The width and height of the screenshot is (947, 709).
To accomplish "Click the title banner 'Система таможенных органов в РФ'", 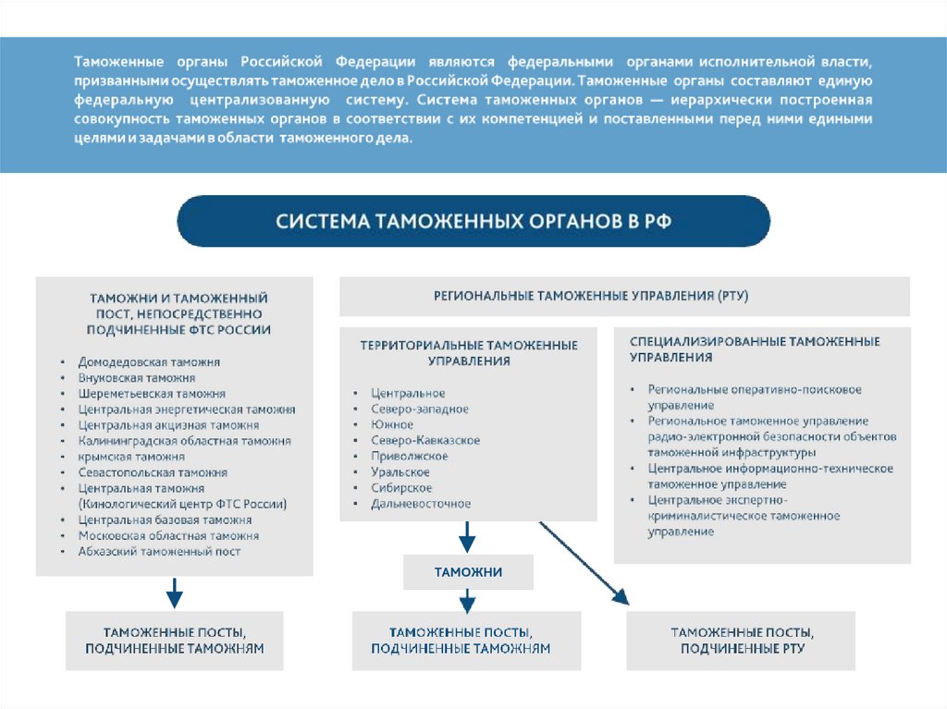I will tap(473, 222).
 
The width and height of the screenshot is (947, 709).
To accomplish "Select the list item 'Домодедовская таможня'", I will tap(149, 362).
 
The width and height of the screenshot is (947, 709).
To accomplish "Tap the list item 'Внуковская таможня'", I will tap(137, 378).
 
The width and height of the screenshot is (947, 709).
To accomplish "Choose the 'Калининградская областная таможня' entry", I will tap(185, 441).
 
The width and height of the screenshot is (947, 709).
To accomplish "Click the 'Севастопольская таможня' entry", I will tap(153, 472).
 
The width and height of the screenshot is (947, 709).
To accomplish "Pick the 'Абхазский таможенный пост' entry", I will tap(159, 551).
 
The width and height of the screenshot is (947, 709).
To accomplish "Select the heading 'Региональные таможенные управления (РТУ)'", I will tap(591, 296).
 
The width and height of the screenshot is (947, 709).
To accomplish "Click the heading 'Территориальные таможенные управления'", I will tap(469, 353).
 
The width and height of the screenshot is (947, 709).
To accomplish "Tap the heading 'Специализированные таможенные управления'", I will tap(754, 348).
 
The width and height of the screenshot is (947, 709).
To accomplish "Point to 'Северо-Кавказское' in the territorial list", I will tap(424, 440).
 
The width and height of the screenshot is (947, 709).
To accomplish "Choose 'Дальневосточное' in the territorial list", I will tap(421, 504).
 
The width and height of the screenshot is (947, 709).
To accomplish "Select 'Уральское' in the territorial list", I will tap(400, 472).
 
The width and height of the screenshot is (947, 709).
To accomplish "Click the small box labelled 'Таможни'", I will tap(468, 572).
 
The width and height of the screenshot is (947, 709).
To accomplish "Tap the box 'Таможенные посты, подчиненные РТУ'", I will tap(742, 640).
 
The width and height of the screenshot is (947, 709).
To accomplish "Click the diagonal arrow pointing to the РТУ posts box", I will tap(584, 563).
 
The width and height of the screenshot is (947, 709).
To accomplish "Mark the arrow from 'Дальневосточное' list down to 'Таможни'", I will tap(468, 536).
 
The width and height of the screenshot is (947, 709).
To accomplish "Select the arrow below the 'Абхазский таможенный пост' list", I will tap(174, 592).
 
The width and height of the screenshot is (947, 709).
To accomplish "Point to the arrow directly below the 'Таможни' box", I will tap(468, 601).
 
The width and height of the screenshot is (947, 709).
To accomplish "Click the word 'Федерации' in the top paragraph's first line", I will tap(375, 62).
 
